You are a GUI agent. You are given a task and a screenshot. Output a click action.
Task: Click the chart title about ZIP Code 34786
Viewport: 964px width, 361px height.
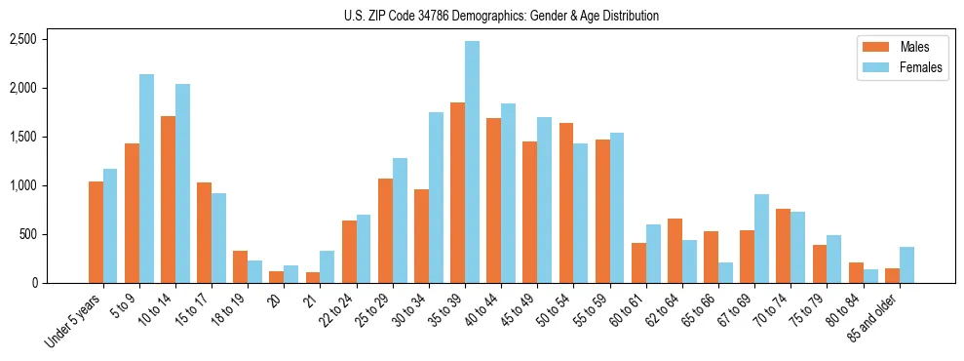click(501, 16)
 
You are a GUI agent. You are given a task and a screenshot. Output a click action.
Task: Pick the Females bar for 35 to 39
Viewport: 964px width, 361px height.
click(472, 162)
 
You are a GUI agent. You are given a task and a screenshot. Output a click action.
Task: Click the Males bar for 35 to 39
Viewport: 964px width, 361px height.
click(457, 192)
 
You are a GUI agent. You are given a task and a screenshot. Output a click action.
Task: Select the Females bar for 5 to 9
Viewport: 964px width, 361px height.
click(146, 179)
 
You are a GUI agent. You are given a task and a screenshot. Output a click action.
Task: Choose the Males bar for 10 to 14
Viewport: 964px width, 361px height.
click(168, 199)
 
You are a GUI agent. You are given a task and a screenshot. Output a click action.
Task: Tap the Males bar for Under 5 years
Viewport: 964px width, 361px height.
click(96, 232)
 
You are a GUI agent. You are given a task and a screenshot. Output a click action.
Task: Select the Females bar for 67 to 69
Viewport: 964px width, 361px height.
click(761, 239)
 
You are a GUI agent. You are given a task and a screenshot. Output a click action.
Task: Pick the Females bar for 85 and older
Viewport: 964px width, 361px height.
click(906, 264)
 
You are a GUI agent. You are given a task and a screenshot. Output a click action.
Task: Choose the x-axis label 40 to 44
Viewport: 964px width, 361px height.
click(482, 310)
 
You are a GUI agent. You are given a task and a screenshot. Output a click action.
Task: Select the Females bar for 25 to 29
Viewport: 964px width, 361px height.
click(400, 221)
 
